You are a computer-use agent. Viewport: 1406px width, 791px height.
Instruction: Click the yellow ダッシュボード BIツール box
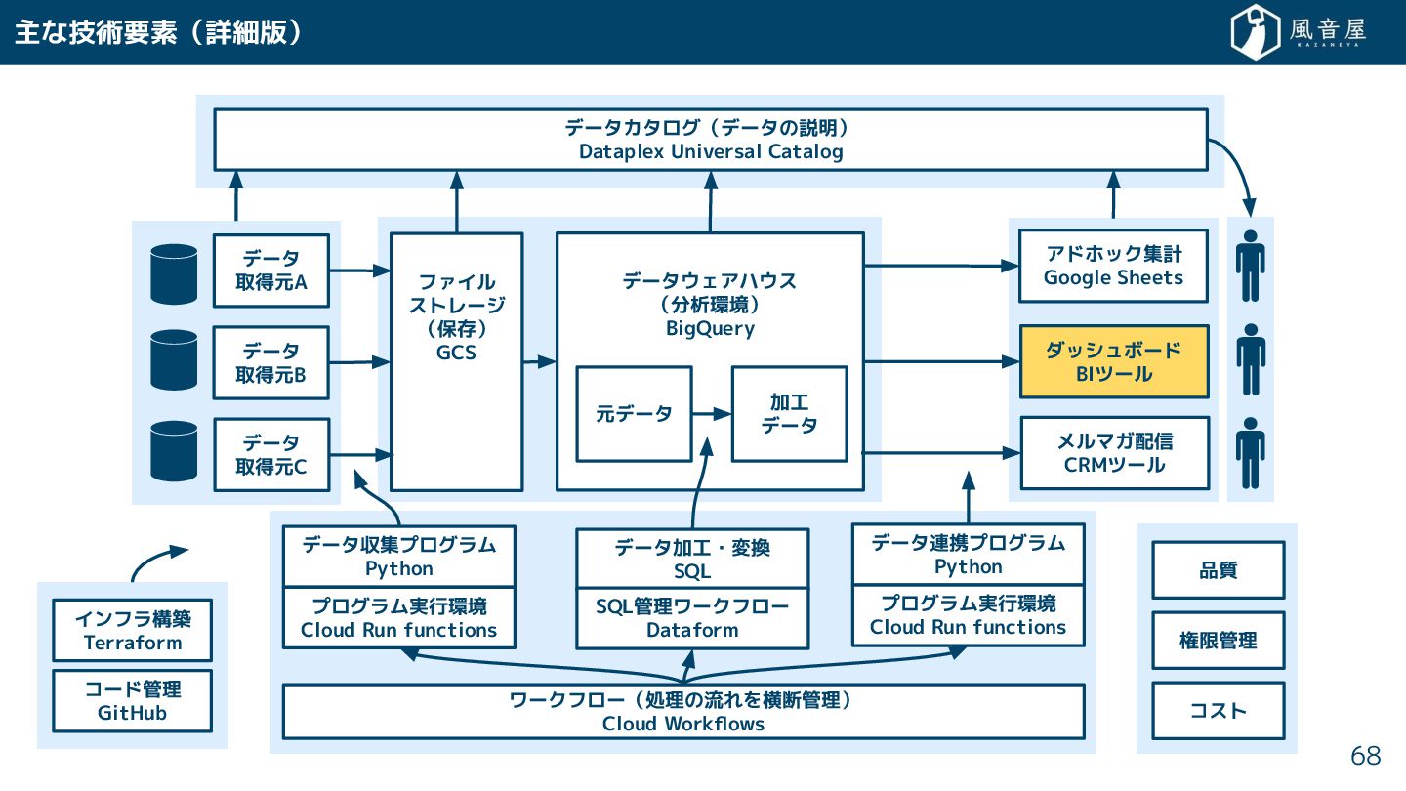(x=1114, y=361)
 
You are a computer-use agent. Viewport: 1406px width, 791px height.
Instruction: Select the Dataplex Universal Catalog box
(x=711, y=140)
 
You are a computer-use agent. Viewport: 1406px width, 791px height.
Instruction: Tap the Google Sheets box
(x=1113, y=266)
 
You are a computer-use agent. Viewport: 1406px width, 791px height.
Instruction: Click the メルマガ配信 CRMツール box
(x=1115, y=453)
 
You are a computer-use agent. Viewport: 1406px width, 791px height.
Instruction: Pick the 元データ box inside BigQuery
(x=634, y=414)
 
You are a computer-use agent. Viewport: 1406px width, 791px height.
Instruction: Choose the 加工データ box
(x=790, y=414)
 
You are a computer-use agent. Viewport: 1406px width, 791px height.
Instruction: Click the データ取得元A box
(x=271, y=271)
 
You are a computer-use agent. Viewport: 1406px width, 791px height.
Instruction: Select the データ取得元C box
(x=271, y=454)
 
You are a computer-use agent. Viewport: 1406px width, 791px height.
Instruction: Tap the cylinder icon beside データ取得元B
(x=174, y=359)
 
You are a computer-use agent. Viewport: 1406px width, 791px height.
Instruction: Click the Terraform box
(x=133, y=630)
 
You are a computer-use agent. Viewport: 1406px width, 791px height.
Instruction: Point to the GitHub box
(x=133, y=700)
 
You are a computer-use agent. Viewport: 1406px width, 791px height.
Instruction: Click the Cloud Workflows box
(x=683, y=711)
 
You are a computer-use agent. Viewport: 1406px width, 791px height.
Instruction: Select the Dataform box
(x=692, y=618)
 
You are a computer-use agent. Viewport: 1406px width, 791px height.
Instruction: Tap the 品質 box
(x=1219, y=570)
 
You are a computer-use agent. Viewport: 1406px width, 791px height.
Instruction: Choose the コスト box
(x=1219, y=711)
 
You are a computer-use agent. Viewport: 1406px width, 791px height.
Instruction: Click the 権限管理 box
(x=1219, y=641)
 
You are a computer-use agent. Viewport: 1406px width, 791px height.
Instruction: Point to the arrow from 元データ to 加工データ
(x=712, y=414)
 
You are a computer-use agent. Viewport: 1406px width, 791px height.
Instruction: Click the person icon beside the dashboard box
(x=1251, y=359)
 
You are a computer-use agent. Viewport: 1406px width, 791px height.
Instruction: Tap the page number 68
(x=1366, y=756)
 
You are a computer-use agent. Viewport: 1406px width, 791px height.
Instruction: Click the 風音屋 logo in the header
(x=1298, y=31)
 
